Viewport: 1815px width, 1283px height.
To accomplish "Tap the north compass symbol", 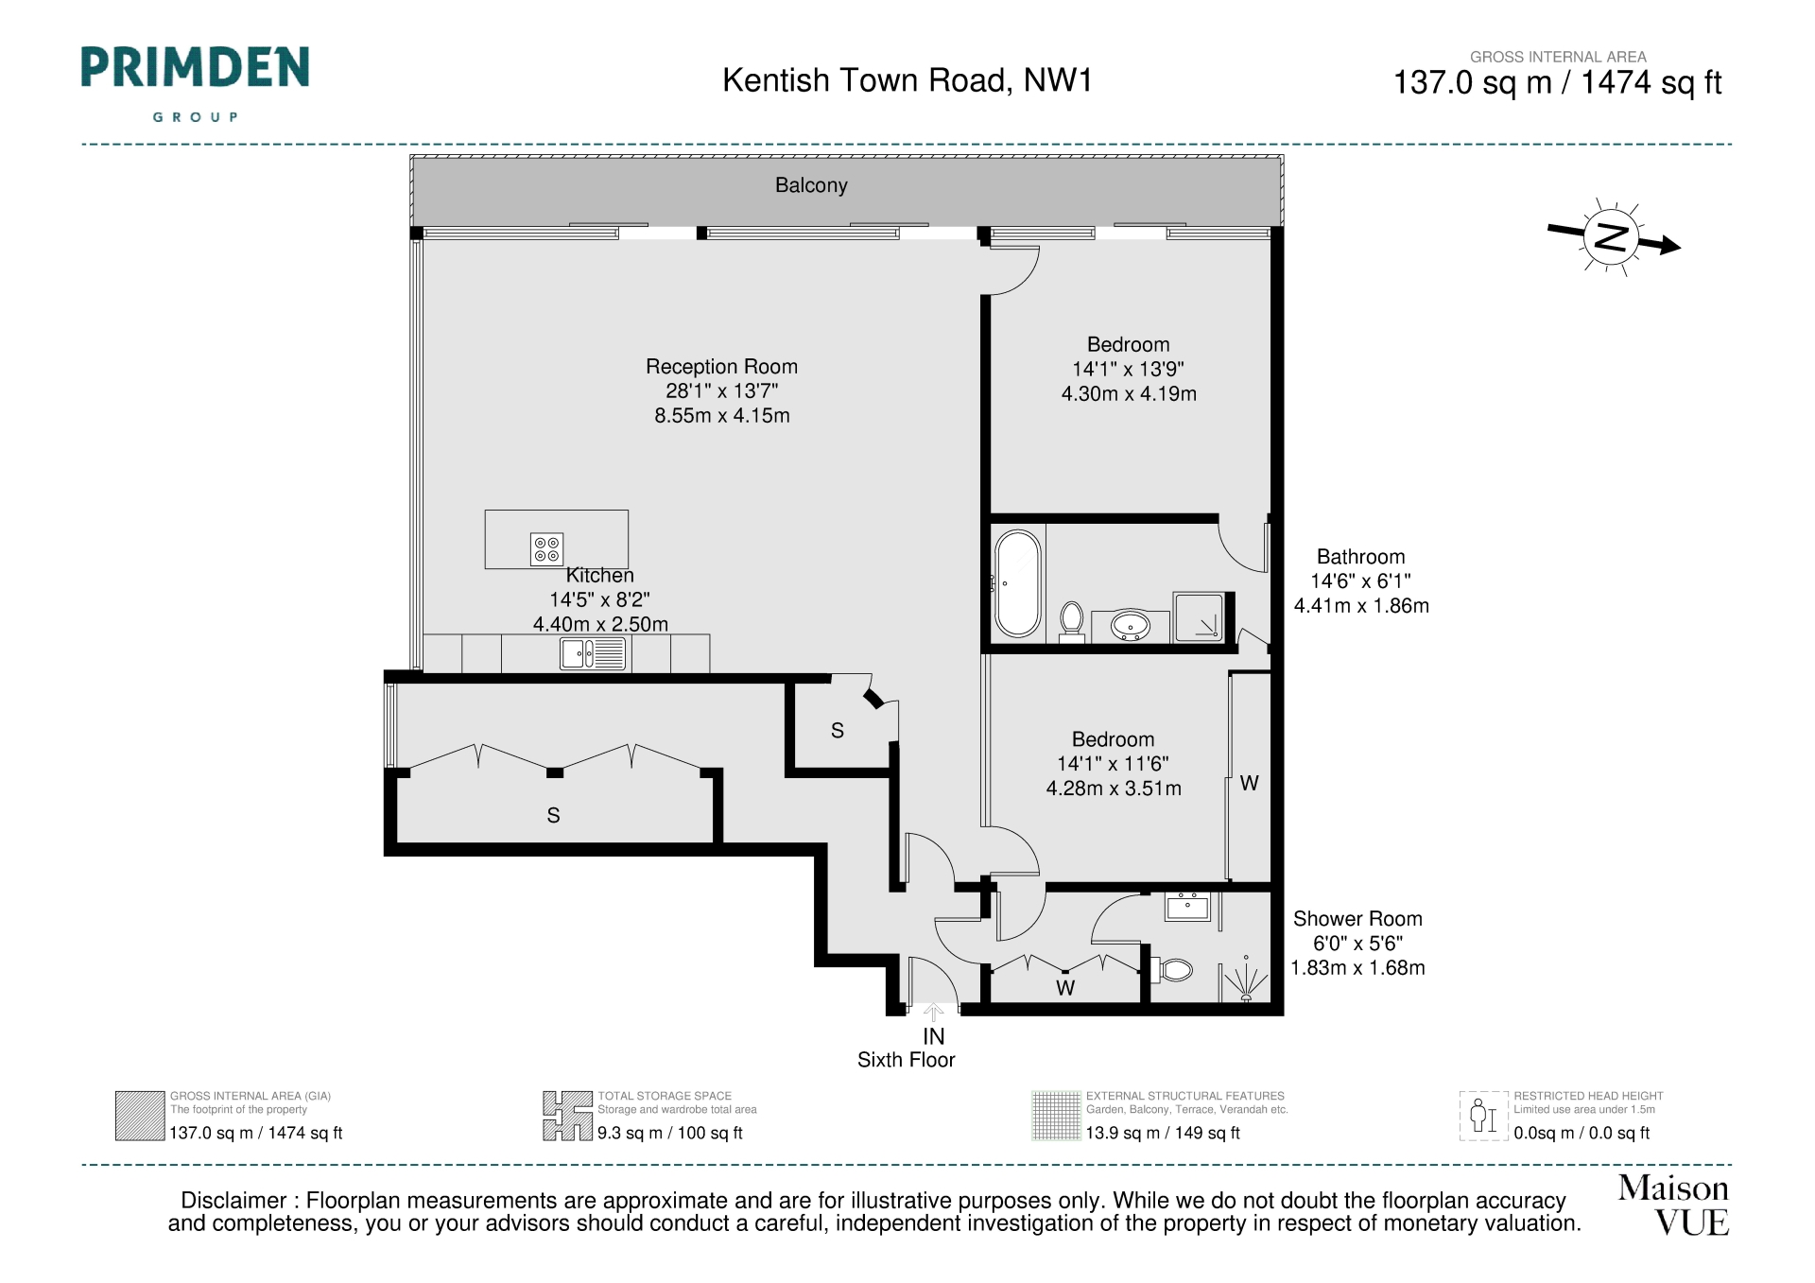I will click(1612, 236).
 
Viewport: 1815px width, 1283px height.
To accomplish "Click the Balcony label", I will click(811, 185).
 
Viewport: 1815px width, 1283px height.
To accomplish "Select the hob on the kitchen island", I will click(547, 549).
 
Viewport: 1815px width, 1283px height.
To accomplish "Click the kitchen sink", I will click(593, 653).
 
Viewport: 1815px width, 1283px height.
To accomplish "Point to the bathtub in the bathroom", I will click(1018, 583).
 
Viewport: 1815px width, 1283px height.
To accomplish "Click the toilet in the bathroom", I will click(1072, 622).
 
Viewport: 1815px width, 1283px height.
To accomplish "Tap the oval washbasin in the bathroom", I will click(1130, 625).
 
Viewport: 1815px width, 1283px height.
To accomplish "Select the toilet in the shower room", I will click(1172, 970).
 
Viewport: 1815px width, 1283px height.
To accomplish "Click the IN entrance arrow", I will click(933, 1014).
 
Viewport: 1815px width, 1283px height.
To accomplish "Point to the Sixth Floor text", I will click(906, 1060).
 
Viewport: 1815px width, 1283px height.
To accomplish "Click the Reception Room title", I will click(721, 367).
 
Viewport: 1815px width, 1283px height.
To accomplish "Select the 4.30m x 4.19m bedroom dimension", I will click(1129, 394).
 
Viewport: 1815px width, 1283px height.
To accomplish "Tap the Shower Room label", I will click(1357, 919).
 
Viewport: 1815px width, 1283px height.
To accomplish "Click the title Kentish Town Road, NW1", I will click(907, 80).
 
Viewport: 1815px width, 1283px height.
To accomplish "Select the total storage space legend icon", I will click(567, 1116).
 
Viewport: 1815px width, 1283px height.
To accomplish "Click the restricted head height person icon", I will click(1483, 1116).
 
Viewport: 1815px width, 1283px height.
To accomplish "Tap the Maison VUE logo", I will click(1674, 1205).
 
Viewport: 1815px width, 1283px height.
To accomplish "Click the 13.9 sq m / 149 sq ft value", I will click(1163, 1133).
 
